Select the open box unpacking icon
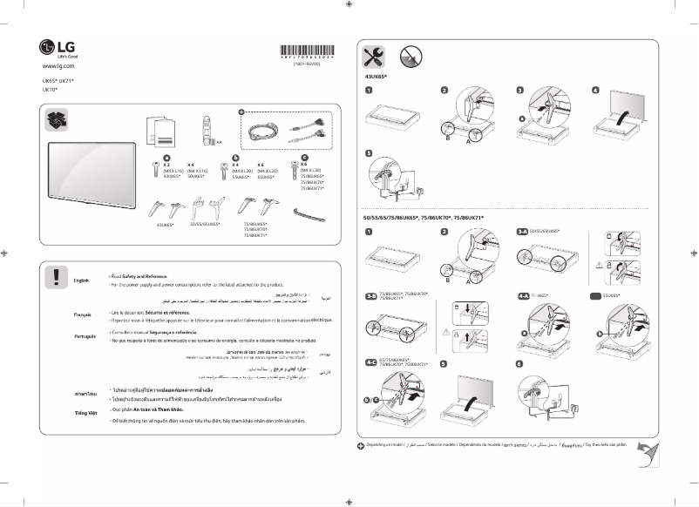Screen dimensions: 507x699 point(59,125)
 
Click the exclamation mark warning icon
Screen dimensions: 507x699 point(56,277)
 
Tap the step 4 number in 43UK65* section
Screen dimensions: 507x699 point(596,90)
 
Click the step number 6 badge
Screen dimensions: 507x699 point(519,363)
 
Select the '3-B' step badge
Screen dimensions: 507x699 point(370,296)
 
